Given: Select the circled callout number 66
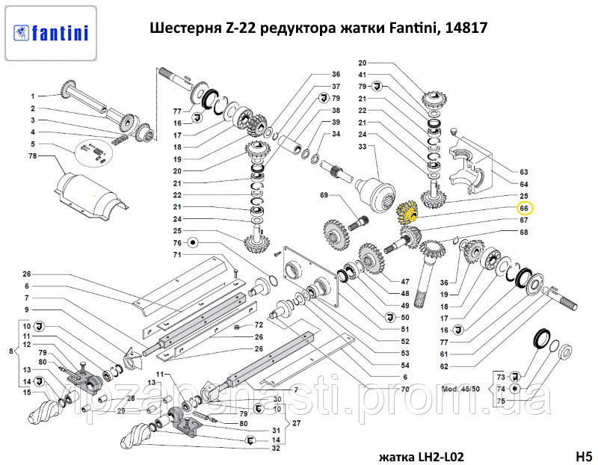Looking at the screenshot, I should tap(524, 209).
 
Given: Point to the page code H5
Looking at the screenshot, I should tap(583, 456).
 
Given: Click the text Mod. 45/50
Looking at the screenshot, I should tap(462, 389).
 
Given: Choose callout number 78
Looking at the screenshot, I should tap(32, 156).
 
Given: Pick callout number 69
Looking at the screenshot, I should tap(324, 196).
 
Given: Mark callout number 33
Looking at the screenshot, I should tap(363, 148).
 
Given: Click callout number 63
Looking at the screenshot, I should tap(524, 172).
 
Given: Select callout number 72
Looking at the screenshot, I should tap(259, 325).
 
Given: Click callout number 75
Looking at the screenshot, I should tap(502, 401).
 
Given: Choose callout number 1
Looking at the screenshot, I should tap(32, 96).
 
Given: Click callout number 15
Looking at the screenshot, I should tap(25, 392).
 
